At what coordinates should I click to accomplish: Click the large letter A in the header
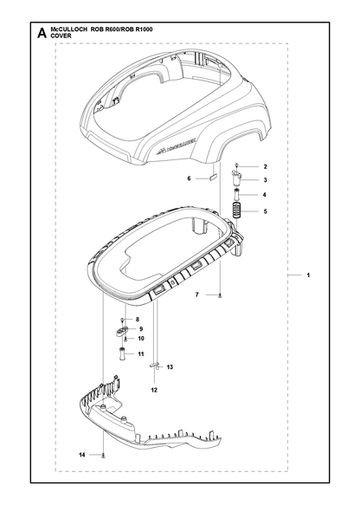(42, 33)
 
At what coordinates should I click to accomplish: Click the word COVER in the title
(61, 36)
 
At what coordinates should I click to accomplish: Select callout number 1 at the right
(308, 275)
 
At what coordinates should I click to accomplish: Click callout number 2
(265, 166)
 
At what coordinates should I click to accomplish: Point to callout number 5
(265, 211)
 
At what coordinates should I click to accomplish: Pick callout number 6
(190, 178)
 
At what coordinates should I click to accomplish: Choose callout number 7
(197, 295)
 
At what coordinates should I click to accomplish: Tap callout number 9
(141, 329)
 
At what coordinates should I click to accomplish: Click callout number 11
(141, 354)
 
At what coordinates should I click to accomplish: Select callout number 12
(154, 390)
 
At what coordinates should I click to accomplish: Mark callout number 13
(170, 366)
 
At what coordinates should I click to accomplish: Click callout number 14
(82, 455)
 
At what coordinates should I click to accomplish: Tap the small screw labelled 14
(103, 455)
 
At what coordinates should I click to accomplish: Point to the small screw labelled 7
(220, 295)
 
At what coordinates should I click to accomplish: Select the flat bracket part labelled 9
(121, 330)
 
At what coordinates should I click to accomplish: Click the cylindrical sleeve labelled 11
(122, 353)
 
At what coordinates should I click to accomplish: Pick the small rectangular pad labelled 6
(214, 177)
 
